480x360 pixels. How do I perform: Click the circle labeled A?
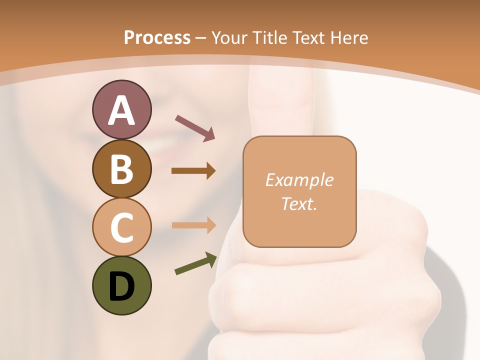coord(121,109)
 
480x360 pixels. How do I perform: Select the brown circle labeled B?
coord(121,168)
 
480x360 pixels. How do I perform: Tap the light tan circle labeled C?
coord(121,227)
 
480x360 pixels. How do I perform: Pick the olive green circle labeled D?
coord(121,285)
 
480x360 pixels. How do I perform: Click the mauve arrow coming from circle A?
coord(194,127)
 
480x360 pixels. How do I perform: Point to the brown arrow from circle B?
coord(193,171)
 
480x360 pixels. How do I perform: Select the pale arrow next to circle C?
coord(193,225)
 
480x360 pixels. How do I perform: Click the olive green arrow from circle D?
coord(195,264)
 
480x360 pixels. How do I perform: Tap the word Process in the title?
coord(157,37)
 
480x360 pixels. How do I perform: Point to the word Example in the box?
coord(299,180)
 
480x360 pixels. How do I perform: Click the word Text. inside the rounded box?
coord(299,203)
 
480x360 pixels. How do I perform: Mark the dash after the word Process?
coord(201,38)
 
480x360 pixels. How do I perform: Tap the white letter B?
coord(121,169)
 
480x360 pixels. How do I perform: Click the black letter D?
coord(121,286)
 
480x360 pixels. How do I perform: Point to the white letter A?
coord(121,110)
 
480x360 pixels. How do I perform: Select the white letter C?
coord(121,227)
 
